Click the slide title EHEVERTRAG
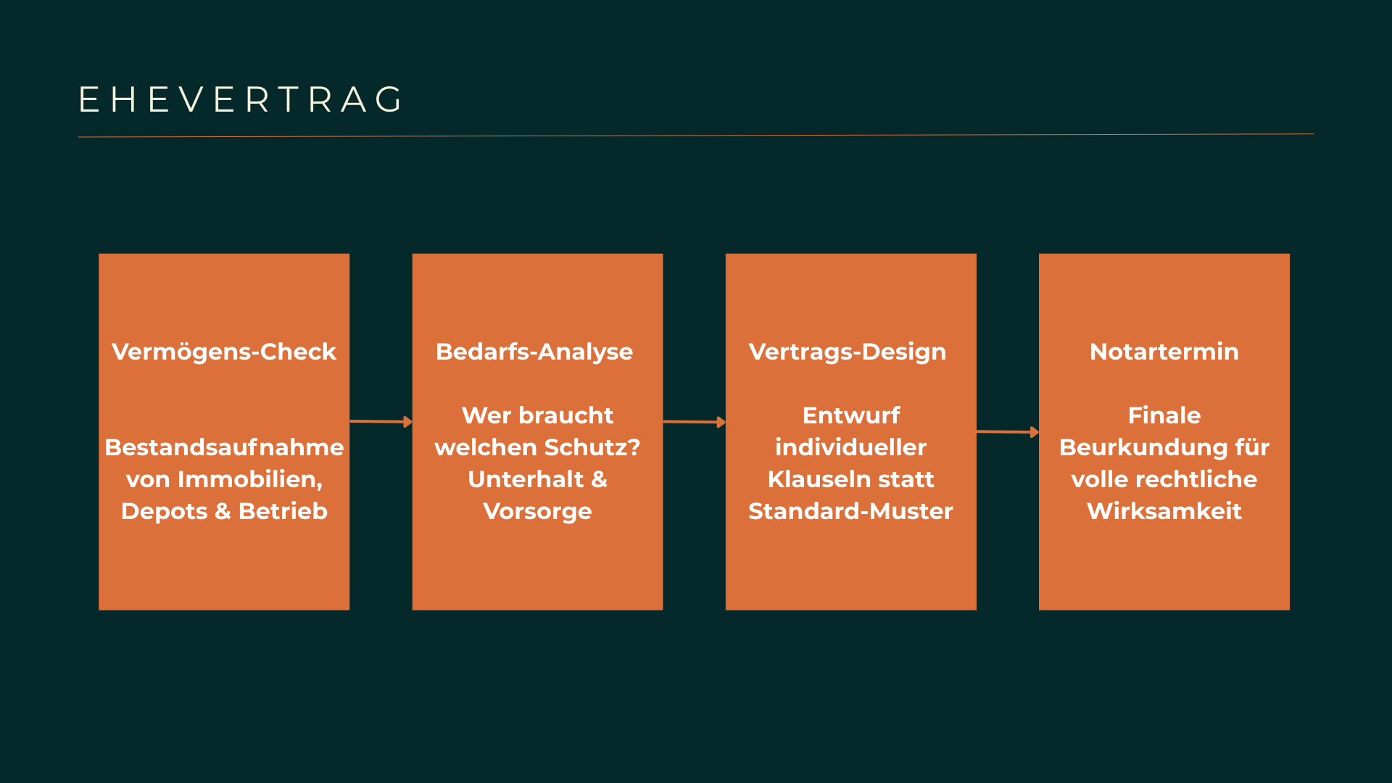(x=241, y=99)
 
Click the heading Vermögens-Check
(x=224, y=352)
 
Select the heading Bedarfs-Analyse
(x=534, y=352)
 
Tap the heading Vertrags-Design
(x=848, y=352)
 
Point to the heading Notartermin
(x=1164, y=352)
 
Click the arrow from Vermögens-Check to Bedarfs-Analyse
(x=381, y=421)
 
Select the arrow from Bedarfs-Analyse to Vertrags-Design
(x=695, y=422)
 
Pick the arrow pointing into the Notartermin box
(x=1008, y=432)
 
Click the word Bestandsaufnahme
(x=224, y=447)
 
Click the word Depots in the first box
(x=165, y=512)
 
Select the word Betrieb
(x=283, y=511)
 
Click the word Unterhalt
(x=526, y=479)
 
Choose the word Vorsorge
(x=537, y=512)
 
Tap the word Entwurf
(x=851, y=415)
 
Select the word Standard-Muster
(x=850, y=511)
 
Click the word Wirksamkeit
(x=1164, y=511)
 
